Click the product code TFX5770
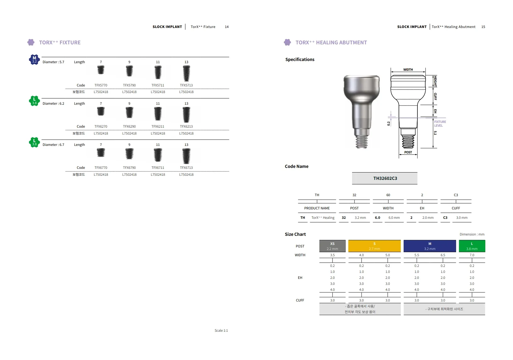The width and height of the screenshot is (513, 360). pos(101,85)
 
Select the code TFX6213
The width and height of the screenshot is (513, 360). pos(186,126)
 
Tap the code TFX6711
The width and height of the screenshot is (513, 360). pos(158,168)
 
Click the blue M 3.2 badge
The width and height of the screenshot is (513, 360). pos(34,59)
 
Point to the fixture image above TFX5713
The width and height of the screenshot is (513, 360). pos(186,73)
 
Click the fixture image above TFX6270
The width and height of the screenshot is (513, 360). pos(101,112)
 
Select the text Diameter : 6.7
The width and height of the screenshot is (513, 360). pos(53,145)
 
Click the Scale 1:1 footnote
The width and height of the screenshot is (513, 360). pos(221,330)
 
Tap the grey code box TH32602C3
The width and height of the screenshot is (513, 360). pos(385,178)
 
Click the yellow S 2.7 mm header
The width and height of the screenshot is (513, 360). pos(374,246)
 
